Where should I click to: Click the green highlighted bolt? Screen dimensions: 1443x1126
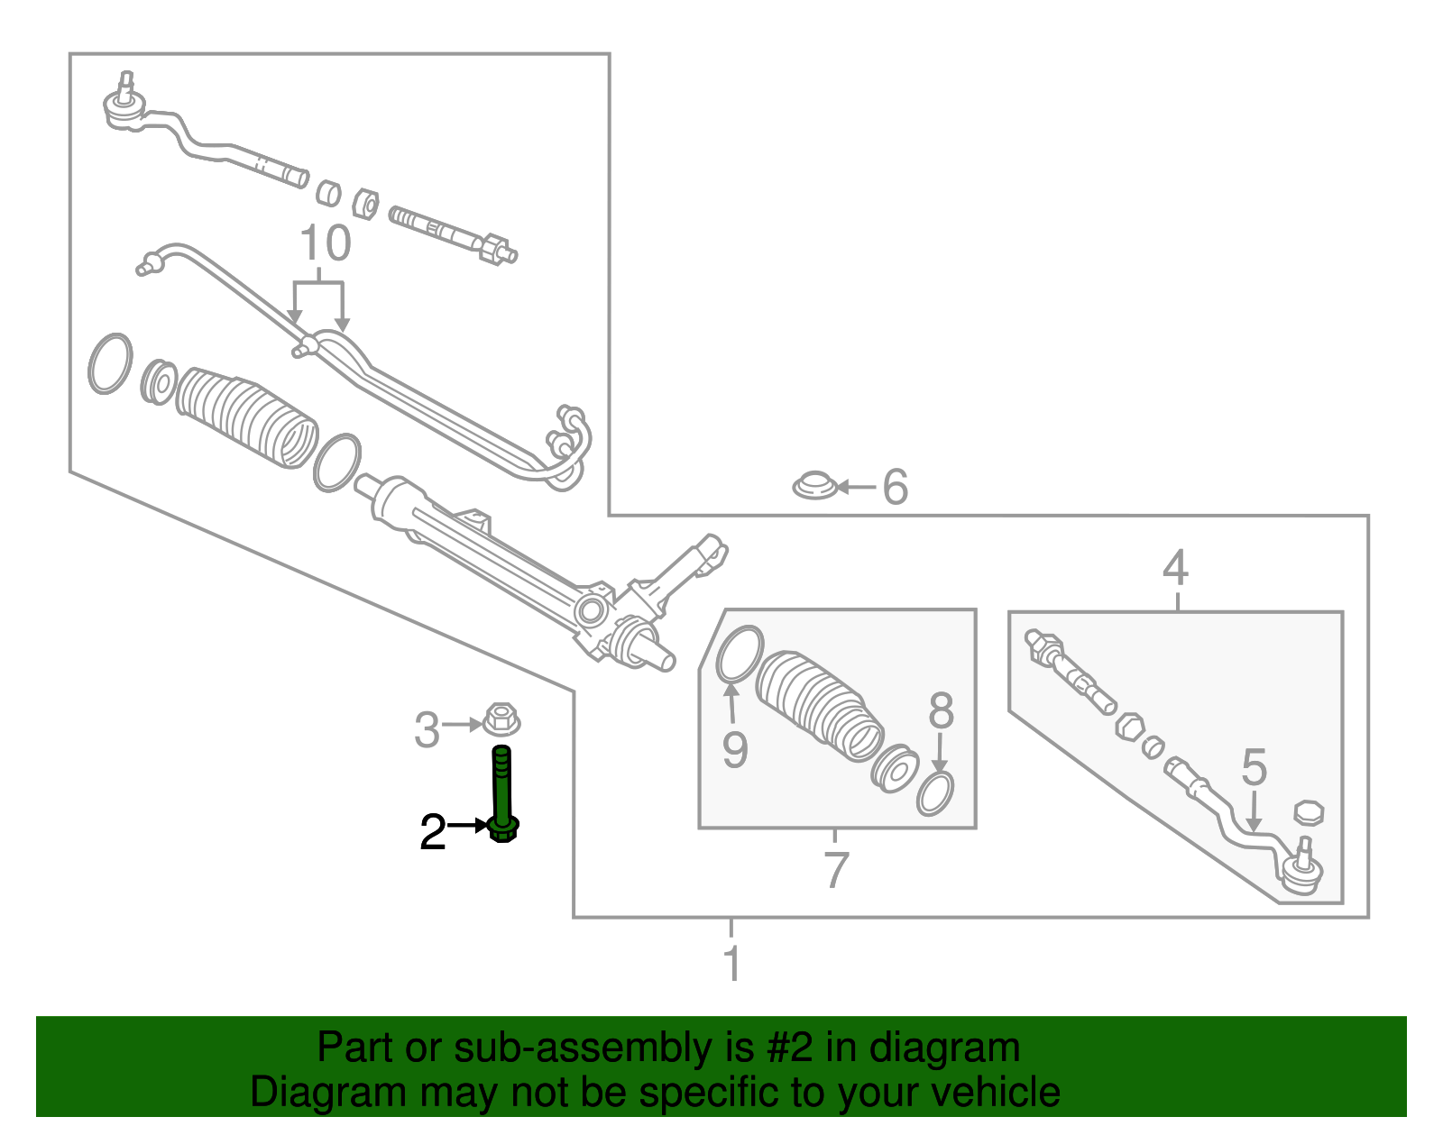point(503,793)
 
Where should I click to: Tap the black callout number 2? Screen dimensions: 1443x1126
point(432,832)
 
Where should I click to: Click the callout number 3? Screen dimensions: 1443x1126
point(427,730)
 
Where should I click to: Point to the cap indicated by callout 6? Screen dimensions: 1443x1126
point(814,485)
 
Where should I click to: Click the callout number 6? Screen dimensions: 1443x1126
point(895,486)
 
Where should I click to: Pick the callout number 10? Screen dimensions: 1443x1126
point(326,243)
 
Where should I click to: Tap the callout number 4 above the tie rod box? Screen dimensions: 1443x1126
point(1175,567)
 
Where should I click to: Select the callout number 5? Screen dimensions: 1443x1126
point(1254,767)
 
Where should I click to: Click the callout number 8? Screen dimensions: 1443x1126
point(941,710)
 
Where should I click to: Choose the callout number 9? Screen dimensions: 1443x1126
point(734,750)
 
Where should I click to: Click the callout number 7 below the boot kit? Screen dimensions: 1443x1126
point(836,869)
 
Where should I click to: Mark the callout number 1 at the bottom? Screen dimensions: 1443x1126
point(731,963)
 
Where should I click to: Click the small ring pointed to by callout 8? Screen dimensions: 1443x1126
point(935,793)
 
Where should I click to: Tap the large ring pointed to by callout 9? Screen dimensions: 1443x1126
point(740,653)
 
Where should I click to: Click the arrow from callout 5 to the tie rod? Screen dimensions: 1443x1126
point(1253,810)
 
